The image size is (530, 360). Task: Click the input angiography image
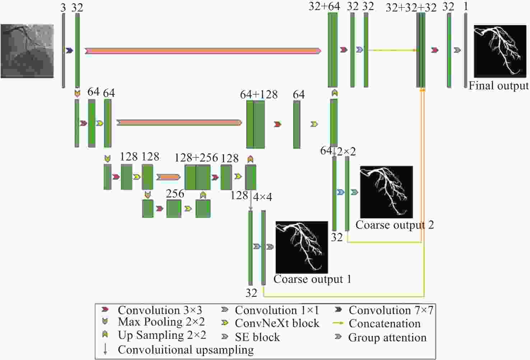click(27, 51)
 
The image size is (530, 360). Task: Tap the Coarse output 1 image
click(302, 247)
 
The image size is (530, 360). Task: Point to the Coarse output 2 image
click(387, 192)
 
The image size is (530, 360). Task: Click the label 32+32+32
click(411, 8)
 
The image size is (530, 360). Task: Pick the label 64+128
click(259, 95)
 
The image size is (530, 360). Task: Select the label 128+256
click(196, 158)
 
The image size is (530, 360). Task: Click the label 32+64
click(324, 6)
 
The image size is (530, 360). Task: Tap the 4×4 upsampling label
click(262, 197)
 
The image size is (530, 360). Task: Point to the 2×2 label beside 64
click(347, 151)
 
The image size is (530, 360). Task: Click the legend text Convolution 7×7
click(391, 310)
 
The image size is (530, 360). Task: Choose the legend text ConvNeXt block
click(277, 323)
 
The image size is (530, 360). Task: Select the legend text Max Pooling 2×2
click(161, 322)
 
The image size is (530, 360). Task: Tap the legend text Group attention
click(387, 337)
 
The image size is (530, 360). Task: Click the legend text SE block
click(257, 337)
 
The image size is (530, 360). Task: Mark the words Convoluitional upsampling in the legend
click(186, 350)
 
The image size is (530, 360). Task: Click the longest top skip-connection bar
click(203, 51)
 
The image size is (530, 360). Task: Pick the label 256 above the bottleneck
click(175, 194)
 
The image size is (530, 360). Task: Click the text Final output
click(498, 86)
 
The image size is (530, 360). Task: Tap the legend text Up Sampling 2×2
click(162, 335)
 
